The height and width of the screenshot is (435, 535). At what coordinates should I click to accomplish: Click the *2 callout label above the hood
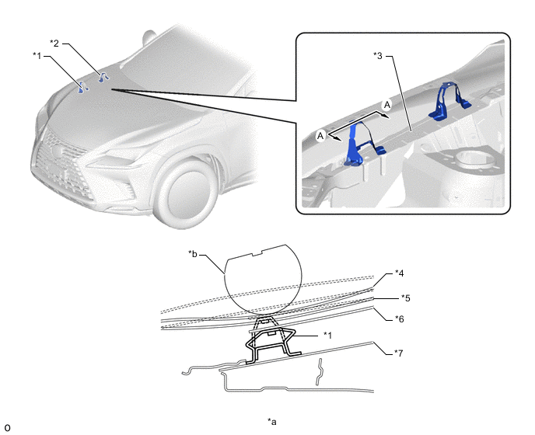click(x=54, y=43)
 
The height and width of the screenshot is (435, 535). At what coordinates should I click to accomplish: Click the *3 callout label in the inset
click(x=378, y=56)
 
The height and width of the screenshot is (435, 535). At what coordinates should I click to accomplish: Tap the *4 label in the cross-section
click(x=399, y=273)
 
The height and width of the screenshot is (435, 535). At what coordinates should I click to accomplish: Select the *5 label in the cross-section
click(x=406, y=298)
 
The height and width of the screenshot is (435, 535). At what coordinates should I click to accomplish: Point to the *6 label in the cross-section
click(x=399, y=319)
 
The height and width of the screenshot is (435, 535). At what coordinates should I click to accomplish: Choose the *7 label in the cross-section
click(x=398, y=353)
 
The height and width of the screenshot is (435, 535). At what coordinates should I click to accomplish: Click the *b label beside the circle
click(x=193, y=254)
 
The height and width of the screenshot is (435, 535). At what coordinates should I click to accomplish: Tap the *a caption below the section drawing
click(x=272, y=422)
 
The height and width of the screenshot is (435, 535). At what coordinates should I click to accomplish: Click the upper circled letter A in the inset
click(x=387, y=105)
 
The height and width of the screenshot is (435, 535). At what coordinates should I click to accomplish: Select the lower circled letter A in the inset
click(x=320, y=136)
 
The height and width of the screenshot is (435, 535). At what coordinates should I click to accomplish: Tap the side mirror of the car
click(x=149, y=37)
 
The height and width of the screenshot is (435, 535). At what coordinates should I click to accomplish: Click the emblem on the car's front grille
click(x=57, y=151)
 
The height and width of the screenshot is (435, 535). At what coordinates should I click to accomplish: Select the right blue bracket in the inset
click(x=449, y=100)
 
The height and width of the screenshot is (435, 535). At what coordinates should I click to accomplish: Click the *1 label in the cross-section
click(x=327, y=336)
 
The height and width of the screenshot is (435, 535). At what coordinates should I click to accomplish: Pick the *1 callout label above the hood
click(x=37, y=55)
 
